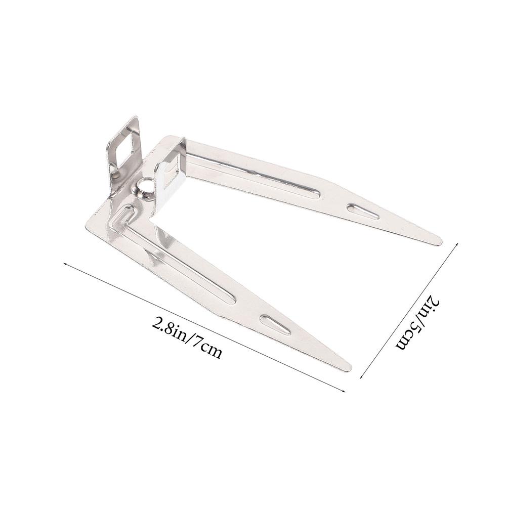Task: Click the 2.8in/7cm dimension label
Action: (x=187, y=337)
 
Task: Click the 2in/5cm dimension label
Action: (x=418, y=324)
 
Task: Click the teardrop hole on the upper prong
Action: (x=363, y=212)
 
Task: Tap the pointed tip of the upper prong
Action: (x=440, y=240)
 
